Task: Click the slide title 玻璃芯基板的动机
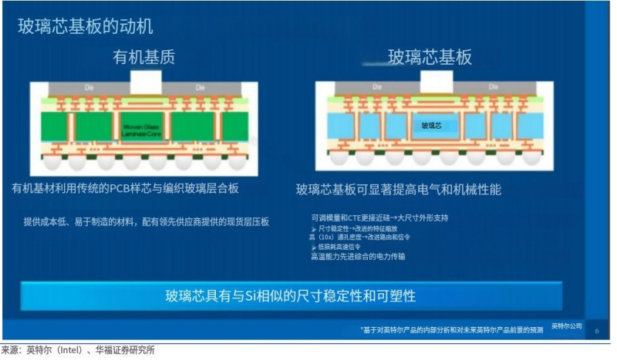coord(86,26)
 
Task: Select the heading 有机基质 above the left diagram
coord(143,58)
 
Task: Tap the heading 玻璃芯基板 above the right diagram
coord(430,58)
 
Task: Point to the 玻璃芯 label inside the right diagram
coord(431,124)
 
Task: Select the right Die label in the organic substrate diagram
coord(199,86)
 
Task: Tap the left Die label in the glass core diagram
coord(377,86)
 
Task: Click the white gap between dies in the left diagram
coord(146,81)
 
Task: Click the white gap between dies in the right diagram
coord(431,81)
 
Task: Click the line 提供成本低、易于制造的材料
coord(146,222)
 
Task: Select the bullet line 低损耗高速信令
coord(344,247)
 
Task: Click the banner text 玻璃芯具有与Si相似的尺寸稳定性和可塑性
coord(291,296)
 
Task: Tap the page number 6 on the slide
coord(595,329)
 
